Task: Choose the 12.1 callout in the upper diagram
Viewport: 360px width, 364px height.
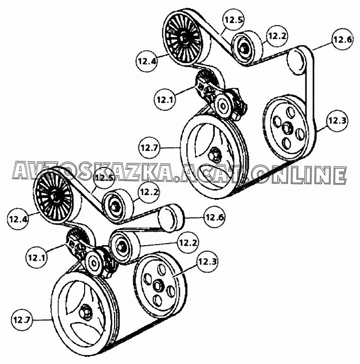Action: click(165, 99)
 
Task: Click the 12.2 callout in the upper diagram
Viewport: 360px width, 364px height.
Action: click(277, 36)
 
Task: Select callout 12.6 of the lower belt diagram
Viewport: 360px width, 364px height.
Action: click(214, 217)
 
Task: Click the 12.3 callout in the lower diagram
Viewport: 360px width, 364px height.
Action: click(207, 261)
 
